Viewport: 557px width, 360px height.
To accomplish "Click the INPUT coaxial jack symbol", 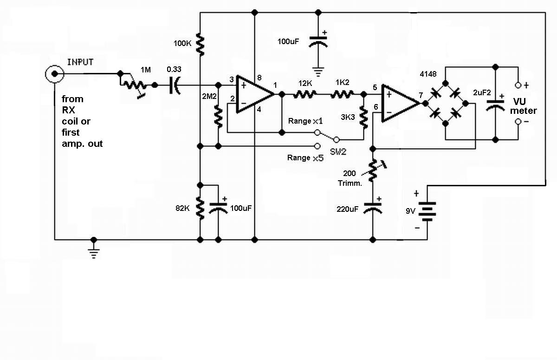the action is point(54,74).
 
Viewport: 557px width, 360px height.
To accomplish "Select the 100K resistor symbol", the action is point(200,45).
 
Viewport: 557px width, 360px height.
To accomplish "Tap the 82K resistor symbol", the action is point(200,208).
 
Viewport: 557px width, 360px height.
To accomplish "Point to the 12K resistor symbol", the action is point(305,94).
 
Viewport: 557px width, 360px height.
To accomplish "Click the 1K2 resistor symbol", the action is point(342,94).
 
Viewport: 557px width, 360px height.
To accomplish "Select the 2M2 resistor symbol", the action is point(218,116).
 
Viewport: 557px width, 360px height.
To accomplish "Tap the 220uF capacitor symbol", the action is point(372,209).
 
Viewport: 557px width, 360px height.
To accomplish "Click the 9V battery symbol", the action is point(427,211).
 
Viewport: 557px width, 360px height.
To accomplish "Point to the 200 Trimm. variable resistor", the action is point(373,170).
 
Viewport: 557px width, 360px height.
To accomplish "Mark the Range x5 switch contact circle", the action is point(317,146).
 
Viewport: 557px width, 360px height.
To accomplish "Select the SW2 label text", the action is point(338,151).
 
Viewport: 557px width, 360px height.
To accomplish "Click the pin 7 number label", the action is point(421,95).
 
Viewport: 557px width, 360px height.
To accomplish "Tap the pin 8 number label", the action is point(259,78).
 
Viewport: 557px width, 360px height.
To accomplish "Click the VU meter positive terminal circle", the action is point(518,85).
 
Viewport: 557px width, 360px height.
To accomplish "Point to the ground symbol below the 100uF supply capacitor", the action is point(318,72).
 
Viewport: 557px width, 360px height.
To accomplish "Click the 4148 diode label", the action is point(428,74).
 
